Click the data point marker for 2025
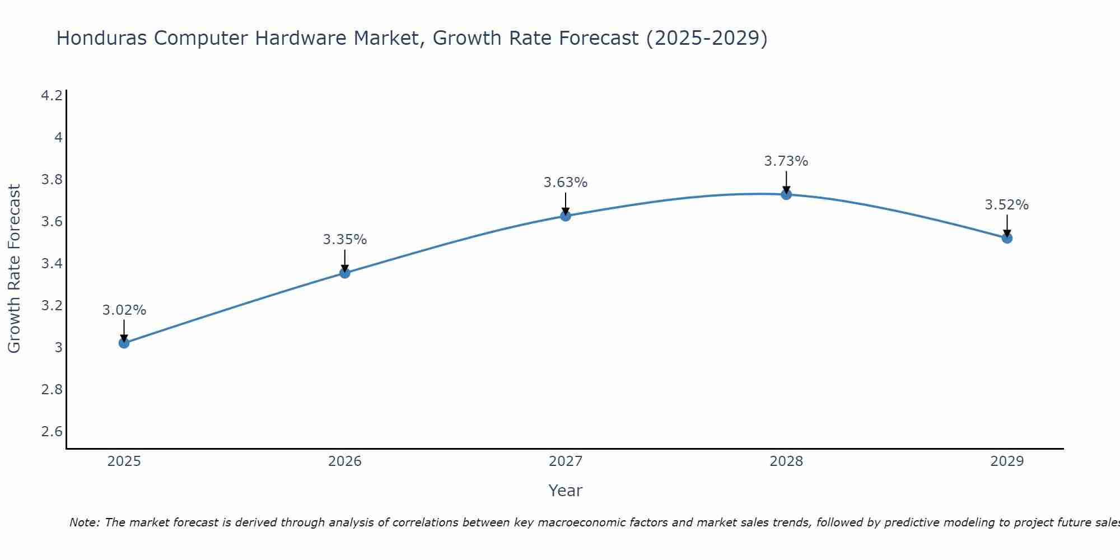coord(124,343)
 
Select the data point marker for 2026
coord(345,273)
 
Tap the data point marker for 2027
coord(566,216)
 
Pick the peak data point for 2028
coord(786,194)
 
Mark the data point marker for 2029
coord(1007,238)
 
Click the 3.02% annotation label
coord(124,310)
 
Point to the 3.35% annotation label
coord(345,240)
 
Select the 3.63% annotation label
coord(566,183)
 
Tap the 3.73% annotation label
coord(786,161)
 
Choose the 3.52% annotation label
coord(1007,205)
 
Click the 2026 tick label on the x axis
coord(345,461)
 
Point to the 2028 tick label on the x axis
coord(786,461)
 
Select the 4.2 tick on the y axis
coord(52,96)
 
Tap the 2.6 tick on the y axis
coord(52,431)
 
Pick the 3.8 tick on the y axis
coord(52,180)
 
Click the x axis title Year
coord(566,491)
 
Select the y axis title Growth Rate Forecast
coord(15,269)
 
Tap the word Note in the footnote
coord(84,522)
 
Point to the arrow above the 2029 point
coord(1007,226)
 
